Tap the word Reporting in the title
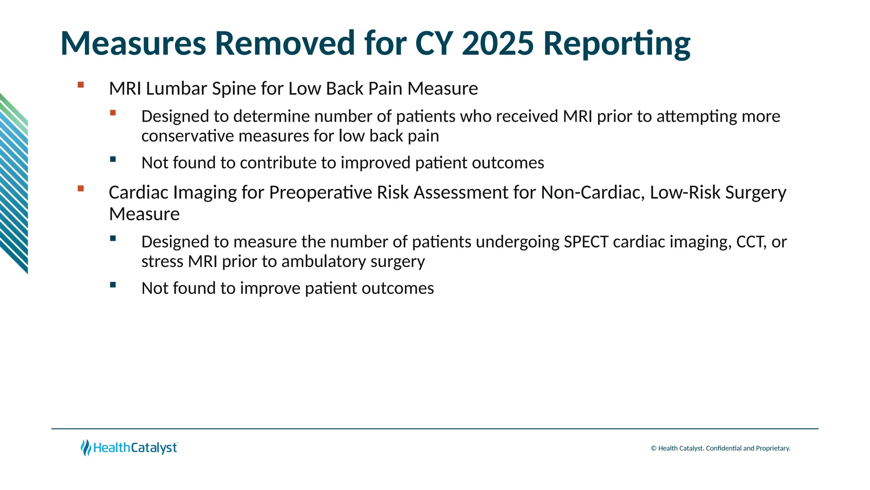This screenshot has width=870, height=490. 617,44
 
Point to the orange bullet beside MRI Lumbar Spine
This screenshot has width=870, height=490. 81,85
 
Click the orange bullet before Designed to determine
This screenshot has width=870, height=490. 113,113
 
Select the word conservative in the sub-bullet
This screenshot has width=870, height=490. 187,136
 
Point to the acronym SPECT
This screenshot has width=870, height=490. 586,242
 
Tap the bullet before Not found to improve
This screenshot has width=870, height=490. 113,285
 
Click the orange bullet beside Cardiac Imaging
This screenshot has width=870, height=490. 81,188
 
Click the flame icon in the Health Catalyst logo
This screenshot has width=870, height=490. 86,447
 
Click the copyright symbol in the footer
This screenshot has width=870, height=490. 654,448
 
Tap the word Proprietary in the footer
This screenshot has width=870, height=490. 773,448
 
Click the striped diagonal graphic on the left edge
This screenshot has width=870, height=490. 14,183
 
